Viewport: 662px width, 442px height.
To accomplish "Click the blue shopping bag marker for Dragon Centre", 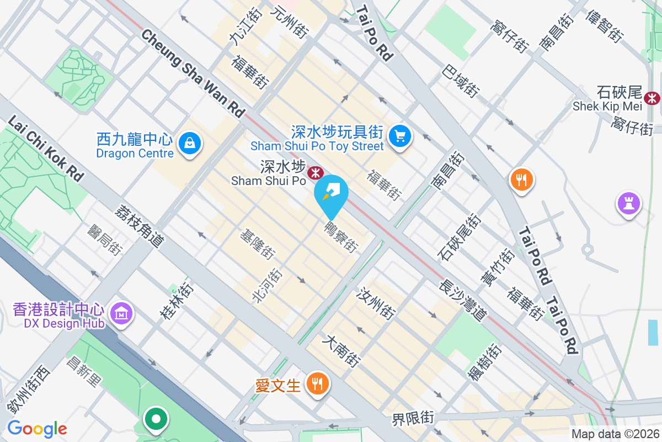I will point(189,144).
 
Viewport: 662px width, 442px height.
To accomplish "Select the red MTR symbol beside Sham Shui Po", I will point(315,173).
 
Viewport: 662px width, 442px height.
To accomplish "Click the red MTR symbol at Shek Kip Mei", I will point(653,98).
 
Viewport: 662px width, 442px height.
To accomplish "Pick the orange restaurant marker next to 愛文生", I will point(317,382).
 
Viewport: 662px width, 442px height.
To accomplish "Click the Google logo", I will point(37,429).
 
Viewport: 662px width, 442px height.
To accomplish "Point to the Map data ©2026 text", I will point(615,434).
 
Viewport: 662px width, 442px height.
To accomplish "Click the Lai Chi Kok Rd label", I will point(46,149).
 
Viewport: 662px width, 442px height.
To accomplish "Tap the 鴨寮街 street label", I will point(340,236).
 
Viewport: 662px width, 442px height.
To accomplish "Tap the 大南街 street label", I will point(343,351).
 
